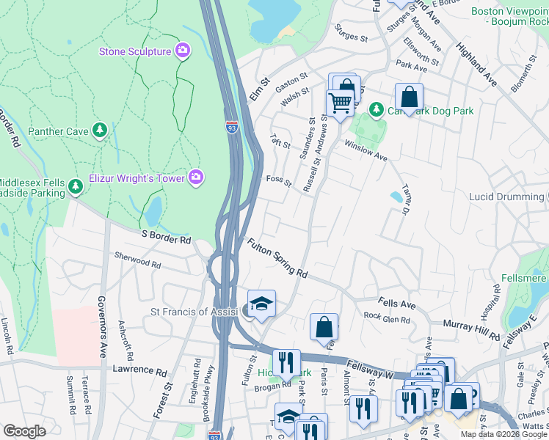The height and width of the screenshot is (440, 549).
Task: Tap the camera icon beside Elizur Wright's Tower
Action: [x=196, y=177]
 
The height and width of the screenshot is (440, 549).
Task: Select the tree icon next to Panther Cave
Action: [x=100, y=131]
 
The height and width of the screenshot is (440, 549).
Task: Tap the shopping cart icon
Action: [x=340, y=102]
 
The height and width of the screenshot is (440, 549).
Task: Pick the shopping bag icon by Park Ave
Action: [x=409, y=96]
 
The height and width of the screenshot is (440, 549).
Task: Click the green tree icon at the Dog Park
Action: [x=377, y=110]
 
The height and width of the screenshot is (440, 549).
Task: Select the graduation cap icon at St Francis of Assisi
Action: [x=261, y=304]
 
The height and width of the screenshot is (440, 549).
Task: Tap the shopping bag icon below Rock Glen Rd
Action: [x=324, y=327]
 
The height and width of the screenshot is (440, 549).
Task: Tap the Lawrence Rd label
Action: [x=147, y=370]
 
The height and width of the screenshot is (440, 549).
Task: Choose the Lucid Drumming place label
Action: [x=506, y=197]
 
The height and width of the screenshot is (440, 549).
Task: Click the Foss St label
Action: [x=279, y=180]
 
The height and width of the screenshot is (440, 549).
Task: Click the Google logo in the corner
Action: [x=25, y=431]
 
